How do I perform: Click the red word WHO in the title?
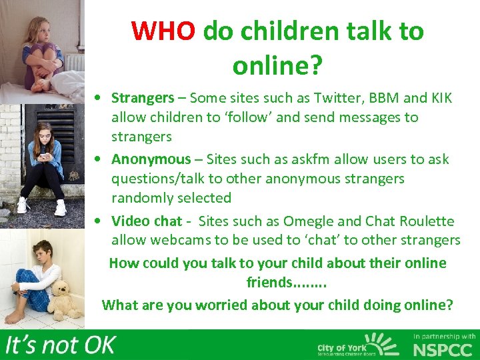pos(163,31)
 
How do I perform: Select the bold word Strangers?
pos(142,98)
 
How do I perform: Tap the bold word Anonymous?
pos(151,159)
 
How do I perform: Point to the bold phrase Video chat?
pos(147,221)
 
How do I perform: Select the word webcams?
pos(176,240)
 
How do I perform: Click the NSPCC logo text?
pos(443,349)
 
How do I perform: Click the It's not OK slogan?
pos(61,345)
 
